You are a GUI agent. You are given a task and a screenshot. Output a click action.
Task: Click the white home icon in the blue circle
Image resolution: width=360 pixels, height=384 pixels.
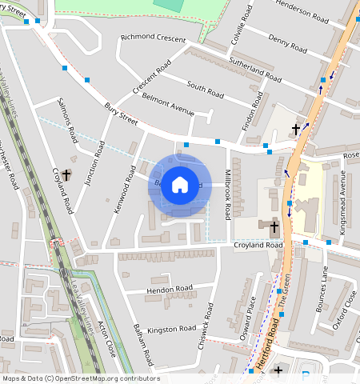(x=180, y=185)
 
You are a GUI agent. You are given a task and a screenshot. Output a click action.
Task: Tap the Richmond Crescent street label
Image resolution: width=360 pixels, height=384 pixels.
(x=152, y=38)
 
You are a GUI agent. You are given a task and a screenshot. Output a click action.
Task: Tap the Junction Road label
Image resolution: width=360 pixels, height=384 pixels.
(x=94, y=162)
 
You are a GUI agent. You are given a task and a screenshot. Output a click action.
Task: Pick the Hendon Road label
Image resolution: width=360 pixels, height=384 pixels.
(x=170, y=287)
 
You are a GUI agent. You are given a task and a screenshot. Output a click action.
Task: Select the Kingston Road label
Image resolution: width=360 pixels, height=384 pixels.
(x=171, y=329)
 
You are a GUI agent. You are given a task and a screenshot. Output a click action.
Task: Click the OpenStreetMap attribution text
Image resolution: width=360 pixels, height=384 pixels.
(x=80, y=378)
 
